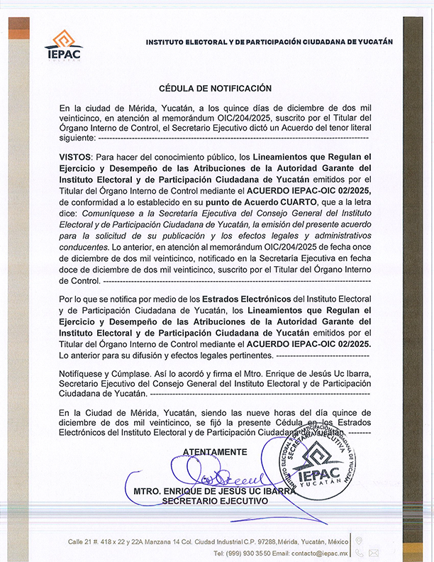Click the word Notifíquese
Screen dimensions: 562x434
[x=82, y=373]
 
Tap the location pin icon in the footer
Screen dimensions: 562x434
[x=359, y=541]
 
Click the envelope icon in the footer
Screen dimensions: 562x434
[x=374, y=552]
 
